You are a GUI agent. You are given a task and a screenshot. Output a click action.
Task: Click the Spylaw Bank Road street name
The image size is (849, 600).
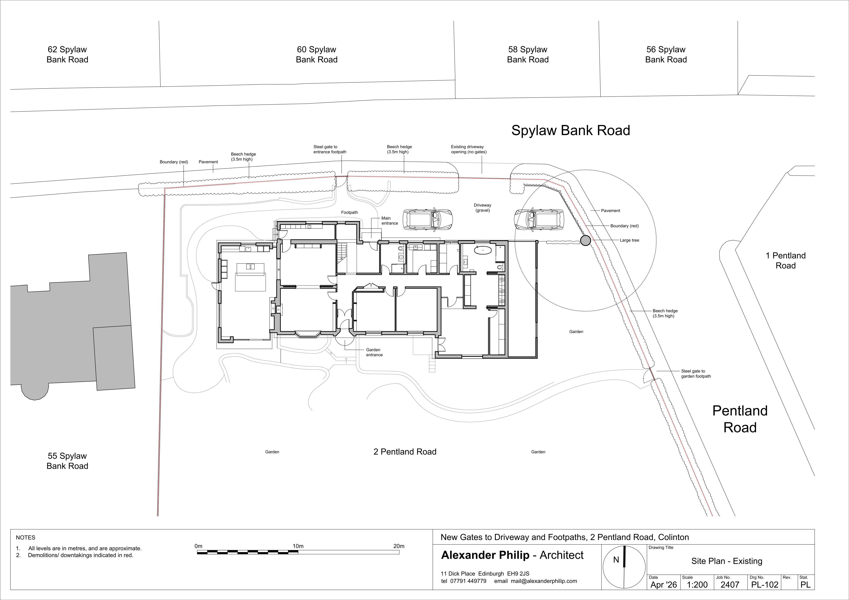click(x=571, y=131)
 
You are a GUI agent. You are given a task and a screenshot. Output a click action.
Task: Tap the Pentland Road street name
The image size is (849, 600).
click(x=740, y=419)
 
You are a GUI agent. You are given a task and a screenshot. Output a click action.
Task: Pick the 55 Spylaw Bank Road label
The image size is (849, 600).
click(x=67, y=461)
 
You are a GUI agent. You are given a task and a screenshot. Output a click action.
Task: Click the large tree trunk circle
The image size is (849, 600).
click(x=585, y=241)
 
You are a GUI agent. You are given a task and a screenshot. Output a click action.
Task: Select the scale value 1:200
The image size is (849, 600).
click(x=697, y=584)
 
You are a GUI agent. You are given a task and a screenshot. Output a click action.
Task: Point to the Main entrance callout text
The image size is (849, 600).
click(x=390, y=221)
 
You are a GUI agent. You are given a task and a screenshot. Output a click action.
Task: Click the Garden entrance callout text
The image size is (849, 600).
click(x=374, y=352)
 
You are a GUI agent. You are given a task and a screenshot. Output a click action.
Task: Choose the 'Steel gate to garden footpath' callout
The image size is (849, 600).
click(x=696, y=374)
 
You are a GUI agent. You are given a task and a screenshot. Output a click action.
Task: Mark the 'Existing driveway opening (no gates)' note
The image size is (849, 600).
click(x=468, y=149)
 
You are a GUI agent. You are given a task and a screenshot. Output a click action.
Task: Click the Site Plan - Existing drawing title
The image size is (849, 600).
click(x=727, y=561)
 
